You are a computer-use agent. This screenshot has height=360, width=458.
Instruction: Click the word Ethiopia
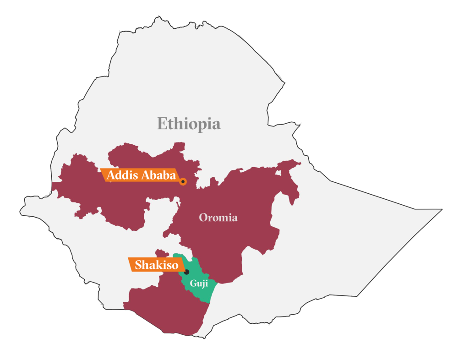pyautogui.click(x=189, y=124)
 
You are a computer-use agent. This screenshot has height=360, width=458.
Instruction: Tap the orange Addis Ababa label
pyautogui.click(x=141, y=175)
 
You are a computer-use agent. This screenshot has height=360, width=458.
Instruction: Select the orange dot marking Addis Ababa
pyautogui.click(x=183, y=182)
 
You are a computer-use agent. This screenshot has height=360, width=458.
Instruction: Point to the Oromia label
pyautogui.click(x=218, y=218)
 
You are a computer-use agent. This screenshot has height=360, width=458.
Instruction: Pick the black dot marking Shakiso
pyautogui.click(x=186, y=272)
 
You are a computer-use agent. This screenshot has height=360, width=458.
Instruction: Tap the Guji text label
pyautogui.click(x=199, y=284)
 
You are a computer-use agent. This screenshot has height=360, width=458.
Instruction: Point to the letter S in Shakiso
pyautogui.click(x=138, y=265)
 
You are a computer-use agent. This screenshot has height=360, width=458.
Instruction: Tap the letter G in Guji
pyautogui.click(x=193, y=283)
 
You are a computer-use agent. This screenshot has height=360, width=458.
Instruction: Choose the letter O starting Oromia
pyautogui.click(x=203, y=218)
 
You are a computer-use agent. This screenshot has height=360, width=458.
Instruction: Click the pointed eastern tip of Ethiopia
pyautogui.click(x=442, y=210)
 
